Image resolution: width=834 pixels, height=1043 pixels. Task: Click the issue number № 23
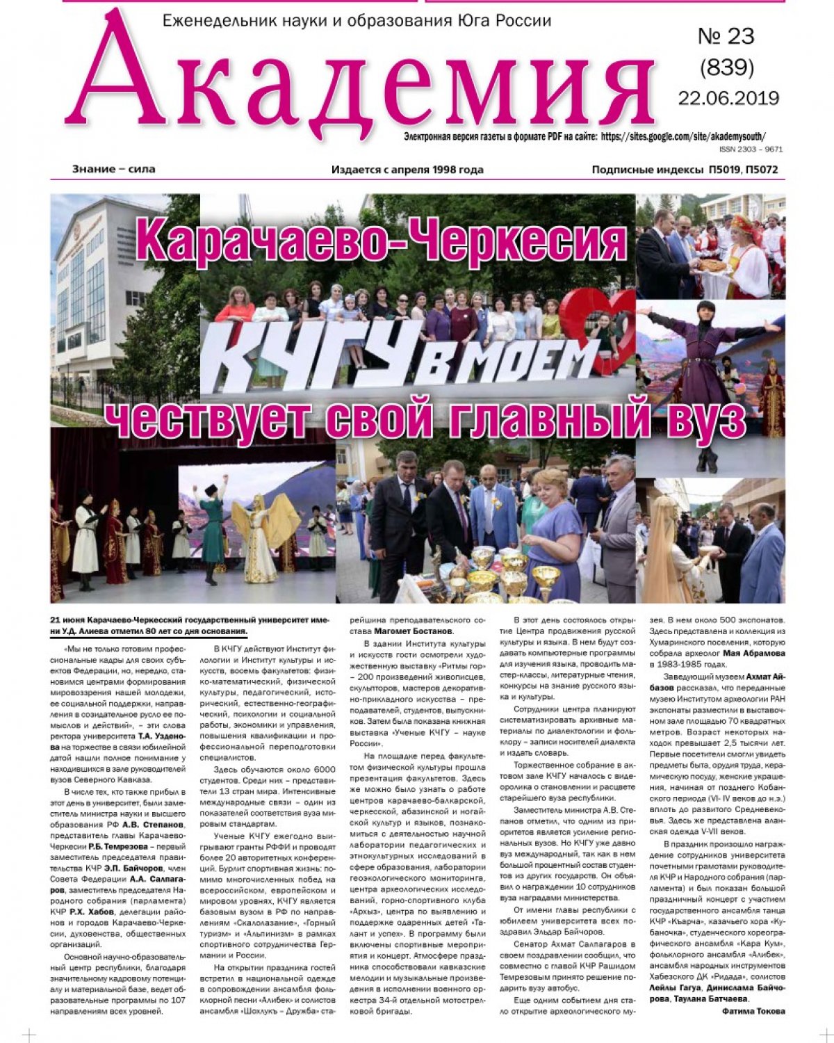coord(726,36)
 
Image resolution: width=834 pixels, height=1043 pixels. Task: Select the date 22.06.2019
coord(728,98)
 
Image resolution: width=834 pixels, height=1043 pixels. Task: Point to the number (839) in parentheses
coord(727,67)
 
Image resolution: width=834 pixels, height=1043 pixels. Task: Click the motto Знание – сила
coord(113,169)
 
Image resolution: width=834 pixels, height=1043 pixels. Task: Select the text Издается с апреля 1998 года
coord(407,170)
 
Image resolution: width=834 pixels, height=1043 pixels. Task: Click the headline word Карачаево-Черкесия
coord(382,241)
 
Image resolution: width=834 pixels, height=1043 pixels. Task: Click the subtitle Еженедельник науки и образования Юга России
coord(357,21)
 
